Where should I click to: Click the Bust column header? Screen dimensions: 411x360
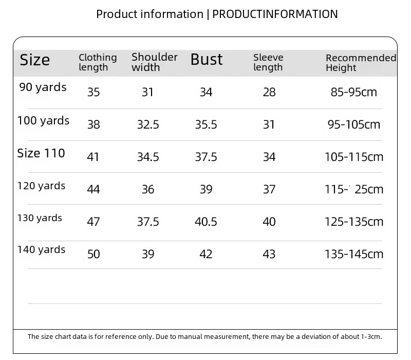coord(207,59)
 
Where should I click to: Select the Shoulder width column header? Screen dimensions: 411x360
coord(155,62)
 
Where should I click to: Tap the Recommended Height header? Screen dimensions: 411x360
coord(361,63)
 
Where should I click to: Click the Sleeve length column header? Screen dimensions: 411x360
coord(268,62)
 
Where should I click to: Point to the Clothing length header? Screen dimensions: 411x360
coord(98,62)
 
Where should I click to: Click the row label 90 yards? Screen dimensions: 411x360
coord(43,87)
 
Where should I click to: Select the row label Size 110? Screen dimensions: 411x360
coord(41,153)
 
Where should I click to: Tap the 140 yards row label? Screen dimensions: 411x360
coord(41,249)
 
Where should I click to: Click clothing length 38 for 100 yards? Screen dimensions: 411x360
coord(94,124)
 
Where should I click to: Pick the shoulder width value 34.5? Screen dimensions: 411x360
coord(148,157)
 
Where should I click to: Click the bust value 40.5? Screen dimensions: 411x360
coord(206,222)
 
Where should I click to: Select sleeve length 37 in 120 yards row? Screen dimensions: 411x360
coord(269,189)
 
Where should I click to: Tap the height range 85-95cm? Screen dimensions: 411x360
coord(354,92)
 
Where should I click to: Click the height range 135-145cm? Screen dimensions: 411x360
coord(354,254)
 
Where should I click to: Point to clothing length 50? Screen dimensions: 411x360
coord(94,254)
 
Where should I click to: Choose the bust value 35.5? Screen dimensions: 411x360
coord(206,124)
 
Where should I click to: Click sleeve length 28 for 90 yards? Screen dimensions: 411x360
coord(269,92)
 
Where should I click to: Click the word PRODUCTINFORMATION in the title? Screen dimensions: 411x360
coord(275,14)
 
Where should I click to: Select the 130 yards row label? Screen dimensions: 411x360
coord(40,218)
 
